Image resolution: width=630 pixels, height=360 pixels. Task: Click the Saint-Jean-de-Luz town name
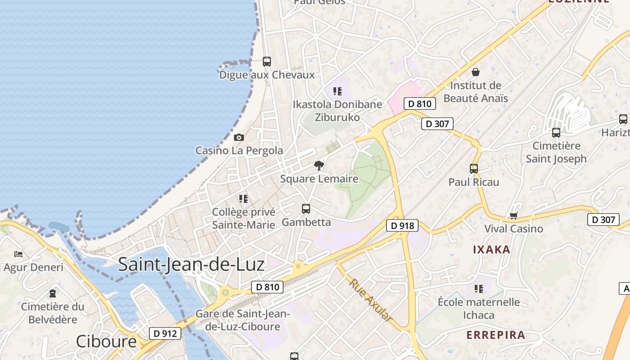pos(191,265)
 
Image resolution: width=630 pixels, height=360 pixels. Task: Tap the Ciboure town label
pos(106,342)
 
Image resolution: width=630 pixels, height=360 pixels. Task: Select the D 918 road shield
pos(402,225)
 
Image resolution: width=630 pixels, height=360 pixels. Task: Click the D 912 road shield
pos(165,333)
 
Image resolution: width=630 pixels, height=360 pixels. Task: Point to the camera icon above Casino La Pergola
pos(239,138)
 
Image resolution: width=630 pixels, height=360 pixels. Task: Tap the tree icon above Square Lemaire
pos(319,166)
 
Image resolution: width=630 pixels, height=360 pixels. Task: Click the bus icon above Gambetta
pos(306,209)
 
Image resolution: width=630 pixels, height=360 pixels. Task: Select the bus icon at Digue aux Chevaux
pos(267,62)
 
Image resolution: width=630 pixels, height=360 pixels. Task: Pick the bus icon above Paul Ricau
pos(474,169)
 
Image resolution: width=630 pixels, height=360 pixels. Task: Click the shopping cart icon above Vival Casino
pos(513,216)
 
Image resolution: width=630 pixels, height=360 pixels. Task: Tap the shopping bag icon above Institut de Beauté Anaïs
pos(476,72)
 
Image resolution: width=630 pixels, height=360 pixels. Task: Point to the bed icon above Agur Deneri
pos(18,254)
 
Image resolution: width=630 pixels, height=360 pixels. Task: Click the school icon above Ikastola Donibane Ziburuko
pos(337,91)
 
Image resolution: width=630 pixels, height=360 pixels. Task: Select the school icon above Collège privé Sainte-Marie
pos(243,198)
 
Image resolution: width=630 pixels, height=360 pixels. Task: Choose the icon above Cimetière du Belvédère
pos(53,293)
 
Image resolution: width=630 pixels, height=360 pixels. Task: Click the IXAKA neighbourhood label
pos(491,250)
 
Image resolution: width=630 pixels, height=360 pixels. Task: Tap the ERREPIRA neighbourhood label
pos(496,335)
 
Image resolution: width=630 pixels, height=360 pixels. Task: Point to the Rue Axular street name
pos(370,300)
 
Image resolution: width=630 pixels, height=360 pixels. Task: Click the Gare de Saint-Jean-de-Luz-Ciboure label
pos(243,320)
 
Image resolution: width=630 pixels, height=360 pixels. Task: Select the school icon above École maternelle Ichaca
pos(478,288)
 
